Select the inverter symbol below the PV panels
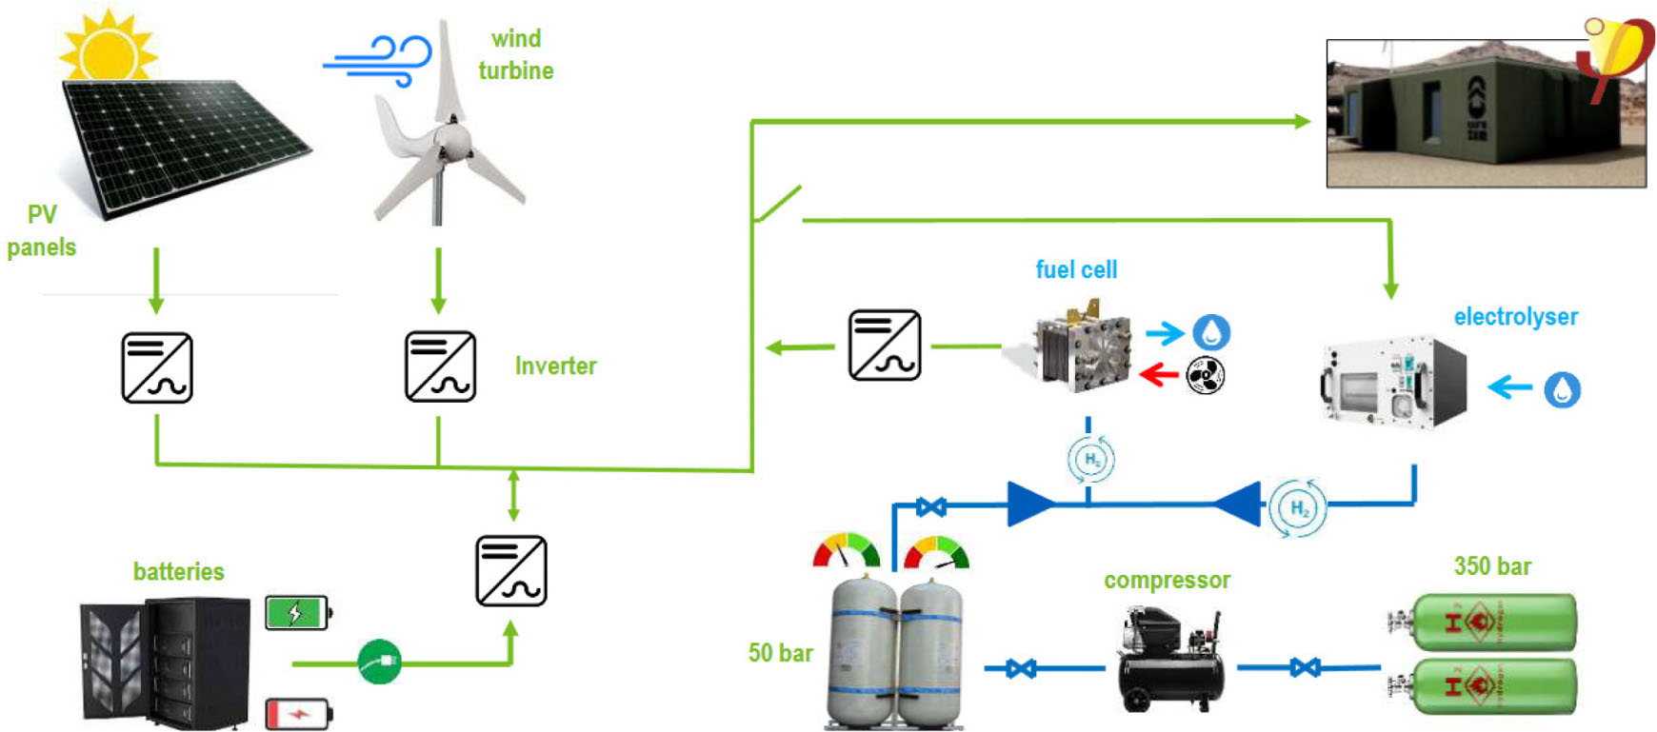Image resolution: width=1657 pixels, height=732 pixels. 157,367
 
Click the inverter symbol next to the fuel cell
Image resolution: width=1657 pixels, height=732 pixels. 885,345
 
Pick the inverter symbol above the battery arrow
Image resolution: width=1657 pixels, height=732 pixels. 511,571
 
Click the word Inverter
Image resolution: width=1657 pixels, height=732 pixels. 555,366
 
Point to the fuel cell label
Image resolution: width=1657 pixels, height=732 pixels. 1076,270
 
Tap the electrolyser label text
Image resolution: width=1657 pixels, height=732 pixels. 1515,317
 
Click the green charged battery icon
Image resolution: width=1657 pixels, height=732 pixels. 297,612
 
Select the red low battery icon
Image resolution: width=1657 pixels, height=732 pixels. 298,713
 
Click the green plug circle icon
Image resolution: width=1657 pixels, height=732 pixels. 379,662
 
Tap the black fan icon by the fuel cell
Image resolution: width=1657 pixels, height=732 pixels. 1205,376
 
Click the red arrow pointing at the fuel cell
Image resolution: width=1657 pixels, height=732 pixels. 1159,375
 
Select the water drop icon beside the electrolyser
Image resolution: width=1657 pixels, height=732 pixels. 1562,389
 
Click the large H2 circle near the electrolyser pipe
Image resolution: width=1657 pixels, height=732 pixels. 1298,507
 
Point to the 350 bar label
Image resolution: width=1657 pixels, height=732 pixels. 1492,567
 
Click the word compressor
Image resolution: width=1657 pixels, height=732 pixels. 1167,581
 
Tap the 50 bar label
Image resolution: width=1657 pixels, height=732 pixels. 780,653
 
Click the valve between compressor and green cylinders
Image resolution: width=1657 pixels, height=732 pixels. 1305,667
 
